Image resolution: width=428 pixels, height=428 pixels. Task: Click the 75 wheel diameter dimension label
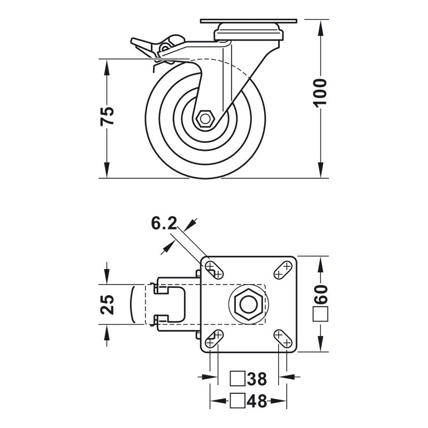107,116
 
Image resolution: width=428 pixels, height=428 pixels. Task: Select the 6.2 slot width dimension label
164,223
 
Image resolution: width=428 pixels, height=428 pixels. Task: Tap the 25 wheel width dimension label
107,304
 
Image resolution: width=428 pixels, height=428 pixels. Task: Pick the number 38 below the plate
257,379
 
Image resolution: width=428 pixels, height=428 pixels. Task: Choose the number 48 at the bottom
257,401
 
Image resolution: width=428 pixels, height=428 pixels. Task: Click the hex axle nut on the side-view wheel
205,119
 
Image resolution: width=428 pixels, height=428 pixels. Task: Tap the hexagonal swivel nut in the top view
249,304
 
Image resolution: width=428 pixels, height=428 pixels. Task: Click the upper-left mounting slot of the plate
215,270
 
